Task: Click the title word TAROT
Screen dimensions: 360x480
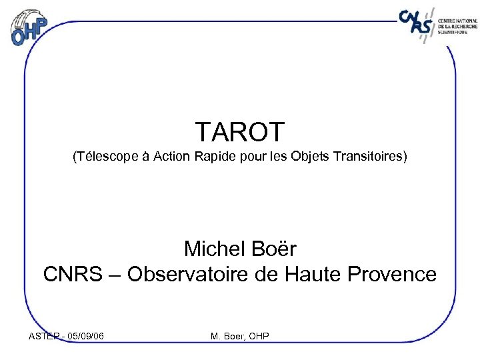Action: [240, 132]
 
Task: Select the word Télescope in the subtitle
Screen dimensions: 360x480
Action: [104, 157]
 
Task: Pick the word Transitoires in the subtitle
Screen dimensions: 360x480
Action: [369, 157]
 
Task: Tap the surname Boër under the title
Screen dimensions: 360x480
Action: [275, 249]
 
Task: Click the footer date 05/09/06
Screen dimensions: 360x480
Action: [85, 336]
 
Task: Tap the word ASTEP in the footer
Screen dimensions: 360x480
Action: [44, 336]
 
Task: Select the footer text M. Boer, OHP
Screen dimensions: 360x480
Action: [240, 336]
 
